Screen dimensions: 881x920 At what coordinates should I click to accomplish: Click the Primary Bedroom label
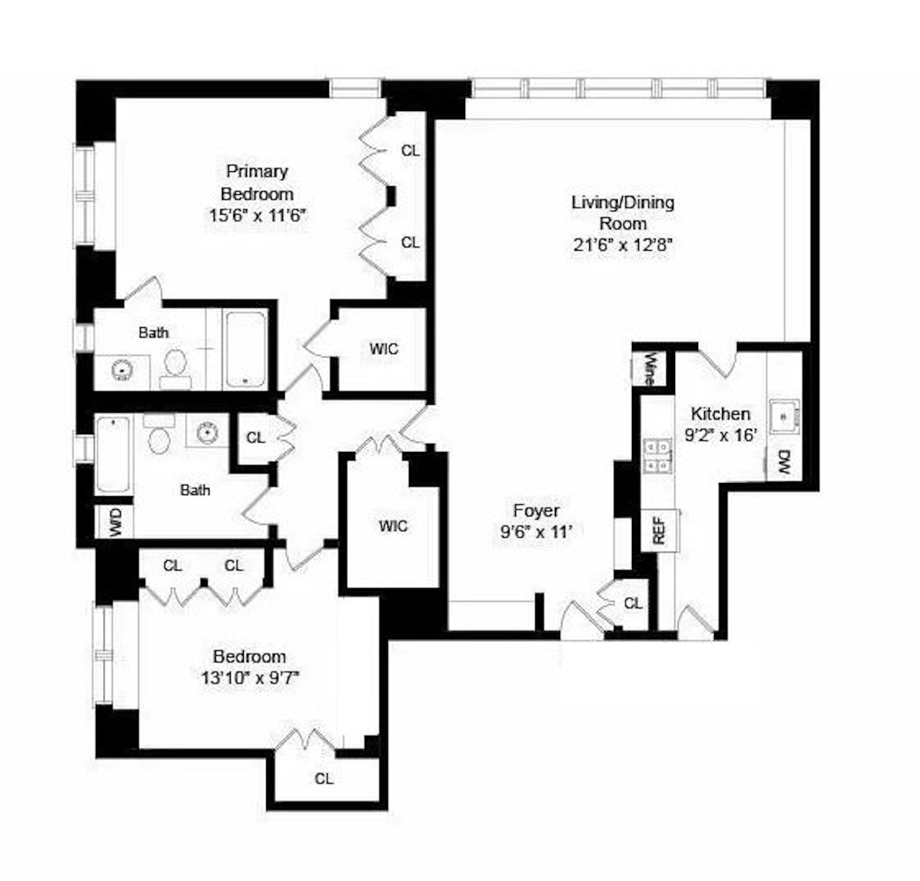tap(257, 182)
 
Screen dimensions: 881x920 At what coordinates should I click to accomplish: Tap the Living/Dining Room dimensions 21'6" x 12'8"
tap(623, 245)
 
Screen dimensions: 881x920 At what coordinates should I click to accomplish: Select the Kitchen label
tap(720, 413)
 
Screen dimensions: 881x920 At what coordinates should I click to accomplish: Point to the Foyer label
tap(536, 511)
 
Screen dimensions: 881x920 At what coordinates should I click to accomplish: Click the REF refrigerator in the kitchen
tap(659, 530)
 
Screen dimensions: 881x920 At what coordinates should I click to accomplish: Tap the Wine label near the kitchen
tap(649, 369)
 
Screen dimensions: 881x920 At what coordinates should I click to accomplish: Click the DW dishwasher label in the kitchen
tap(784, 461)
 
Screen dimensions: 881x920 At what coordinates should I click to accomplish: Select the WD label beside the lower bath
tap(115, 522)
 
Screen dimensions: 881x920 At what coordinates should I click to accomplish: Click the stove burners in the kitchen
tap(657, 455)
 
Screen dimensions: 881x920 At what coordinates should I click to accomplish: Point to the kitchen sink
tap(784, 414)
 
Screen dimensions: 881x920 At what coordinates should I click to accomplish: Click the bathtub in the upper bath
tap(246, 349)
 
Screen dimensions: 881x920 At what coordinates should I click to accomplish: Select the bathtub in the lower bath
tap(113, 454)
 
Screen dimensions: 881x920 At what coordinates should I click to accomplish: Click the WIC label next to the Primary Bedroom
tap(384, 349)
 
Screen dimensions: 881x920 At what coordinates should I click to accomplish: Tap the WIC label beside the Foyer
tap(394, 526)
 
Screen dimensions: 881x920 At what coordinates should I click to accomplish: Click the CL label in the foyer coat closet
tap(633, 603)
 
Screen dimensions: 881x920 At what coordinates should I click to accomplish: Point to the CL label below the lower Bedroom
tap(324, 779)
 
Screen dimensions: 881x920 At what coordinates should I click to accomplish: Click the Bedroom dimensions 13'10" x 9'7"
tap(249, 678)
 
